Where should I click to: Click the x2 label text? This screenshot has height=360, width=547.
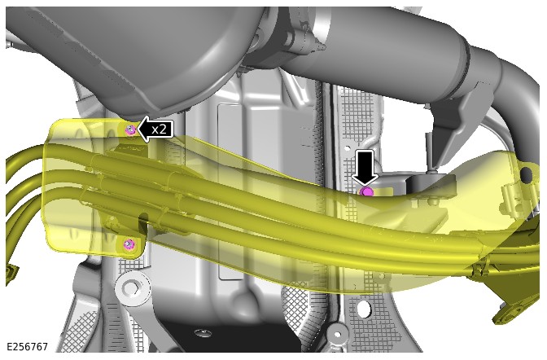point(159,130)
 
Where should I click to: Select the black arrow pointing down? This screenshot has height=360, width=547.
point(365,167)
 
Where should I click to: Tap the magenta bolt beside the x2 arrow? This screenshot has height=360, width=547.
point(130,130)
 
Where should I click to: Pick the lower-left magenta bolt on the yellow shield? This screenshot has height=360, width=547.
point(129,244)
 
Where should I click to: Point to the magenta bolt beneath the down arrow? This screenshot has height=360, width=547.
point(366,191)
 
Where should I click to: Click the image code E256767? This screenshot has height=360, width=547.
point(27,347)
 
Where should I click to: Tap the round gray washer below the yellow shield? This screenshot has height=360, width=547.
point(132,288)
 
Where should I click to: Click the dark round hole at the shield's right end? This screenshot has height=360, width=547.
point(526,173)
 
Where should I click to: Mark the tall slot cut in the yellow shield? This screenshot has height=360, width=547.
point(143,226)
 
